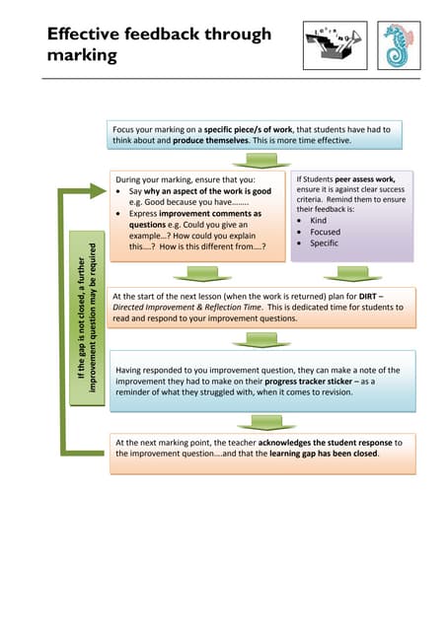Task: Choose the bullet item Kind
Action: click(320, 221)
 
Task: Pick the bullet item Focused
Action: click(327, 233)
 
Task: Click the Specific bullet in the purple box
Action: click(326, 245)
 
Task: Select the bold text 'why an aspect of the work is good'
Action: click(207, 191)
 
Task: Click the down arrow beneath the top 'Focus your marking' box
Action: click(261, 160)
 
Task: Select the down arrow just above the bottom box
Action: click(261, 422)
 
